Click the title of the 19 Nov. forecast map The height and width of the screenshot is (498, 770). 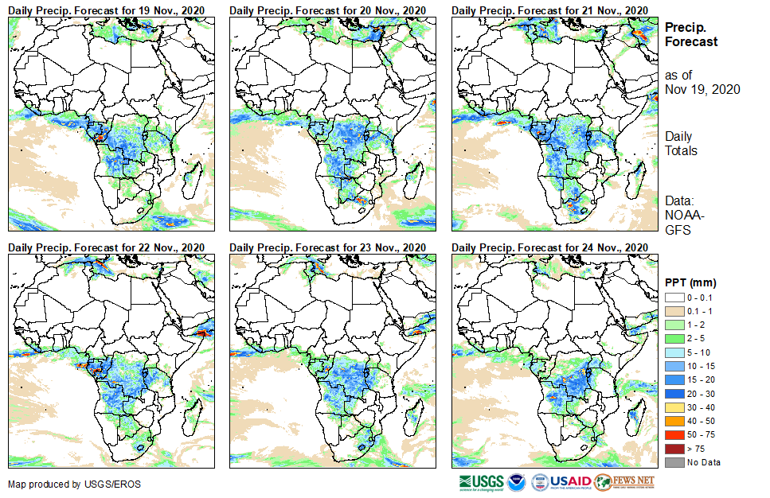(107, 9)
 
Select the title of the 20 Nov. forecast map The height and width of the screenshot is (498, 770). (328, 9)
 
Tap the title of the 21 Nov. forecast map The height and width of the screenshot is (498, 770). (550, 9)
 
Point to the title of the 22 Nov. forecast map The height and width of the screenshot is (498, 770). (107, 247)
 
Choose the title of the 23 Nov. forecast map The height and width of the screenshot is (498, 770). (328, 247)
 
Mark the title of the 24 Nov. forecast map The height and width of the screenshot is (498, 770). (550, 247)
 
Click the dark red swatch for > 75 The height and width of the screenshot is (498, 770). (674, 449)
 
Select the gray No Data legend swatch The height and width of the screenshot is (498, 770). (674, 462)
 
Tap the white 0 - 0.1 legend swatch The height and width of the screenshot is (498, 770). (674, 297)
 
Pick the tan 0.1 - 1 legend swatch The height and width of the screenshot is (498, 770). (674, 309)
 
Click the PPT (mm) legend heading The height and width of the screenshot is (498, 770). (690, 282)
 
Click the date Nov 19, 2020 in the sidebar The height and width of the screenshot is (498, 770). (702, 89)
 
